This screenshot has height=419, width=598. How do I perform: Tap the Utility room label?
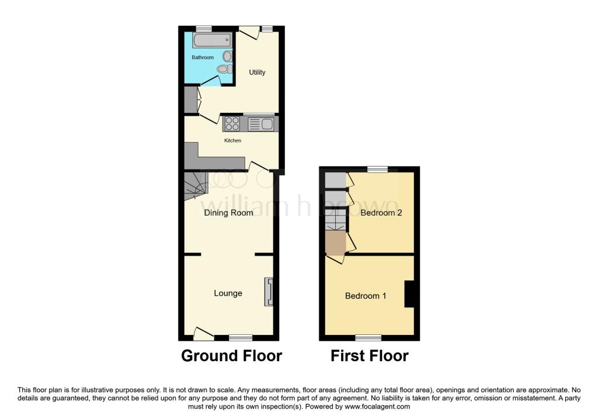257,72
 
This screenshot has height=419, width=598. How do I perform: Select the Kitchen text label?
232,140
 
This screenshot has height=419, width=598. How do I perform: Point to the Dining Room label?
228,213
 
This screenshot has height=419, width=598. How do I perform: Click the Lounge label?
228,293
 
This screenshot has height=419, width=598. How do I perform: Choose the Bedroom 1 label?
366,296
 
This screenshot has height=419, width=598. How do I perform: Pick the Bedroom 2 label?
381,213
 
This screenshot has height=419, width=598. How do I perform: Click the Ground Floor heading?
231,355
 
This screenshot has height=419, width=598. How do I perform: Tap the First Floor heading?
369,355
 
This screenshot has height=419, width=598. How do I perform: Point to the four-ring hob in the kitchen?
232,124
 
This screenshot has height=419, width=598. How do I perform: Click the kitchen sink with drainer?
260,124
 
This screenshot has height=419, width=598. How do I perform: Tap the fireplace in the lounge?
269,292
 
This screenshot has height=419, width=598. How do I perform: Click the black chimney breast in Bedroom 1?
411,293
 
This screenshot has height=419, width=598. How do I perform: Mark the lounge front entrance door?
203,334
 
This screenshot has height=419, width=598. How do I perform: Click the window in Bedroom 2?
377,169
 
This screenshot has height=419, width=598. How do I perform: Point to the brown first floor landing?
336,243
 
